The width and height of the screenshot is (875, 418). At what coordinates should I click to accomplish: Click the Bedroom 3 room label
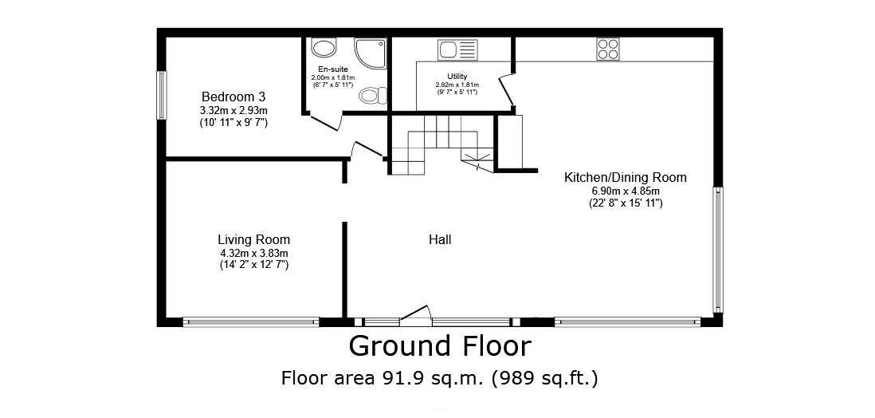click(x=233, y=97)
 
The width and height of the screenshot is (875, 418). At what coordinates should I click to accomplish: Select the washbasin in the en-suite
click(x=323, y=48)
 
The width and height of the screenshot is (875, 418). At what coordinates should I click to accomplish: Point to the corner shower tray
click(x=371, y=53)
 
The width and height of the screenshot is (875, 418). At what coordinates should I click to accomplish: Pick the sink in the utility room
click(x=457, y=49)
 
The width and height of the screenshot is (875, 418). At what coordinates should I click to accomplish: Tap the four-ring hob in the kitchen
click(x=608, y=49)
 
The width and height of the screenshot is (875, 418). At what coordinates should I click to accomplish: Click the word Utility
click(x=457, y=76)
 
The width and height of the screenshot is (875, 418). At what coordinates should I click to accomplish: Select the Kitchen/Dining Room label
click(x=626, y=178)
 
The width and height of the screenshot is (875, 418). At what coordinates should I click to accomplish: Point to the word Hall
click(x=440, y=240)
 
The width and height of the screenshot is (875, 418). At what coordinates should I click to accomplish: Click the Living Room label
click(x=254, y=240)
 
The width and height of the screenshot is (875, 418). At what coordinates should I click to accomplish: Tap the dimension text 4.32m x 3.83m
click(x=254, y=253)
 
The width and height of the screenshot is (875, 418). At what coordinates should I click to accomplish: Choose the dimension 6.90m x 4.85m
click(x=626, y=191)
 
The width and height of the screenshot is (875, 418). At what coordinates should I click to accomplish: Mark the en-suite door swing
click(x=325, y=122)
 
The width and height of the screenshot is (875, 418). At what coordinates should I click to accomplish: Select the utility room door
click(x=506, y=90)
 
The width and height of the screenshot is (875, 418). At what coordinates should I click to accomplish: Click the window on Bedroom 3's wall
click(x=161, y=95)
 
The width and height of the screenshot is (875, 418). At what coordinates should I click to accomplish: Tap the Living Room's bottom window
click(x=250, y=322)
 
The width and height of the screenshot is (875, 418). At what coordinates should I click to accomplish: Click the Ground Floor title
click(x=440, y=346)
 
